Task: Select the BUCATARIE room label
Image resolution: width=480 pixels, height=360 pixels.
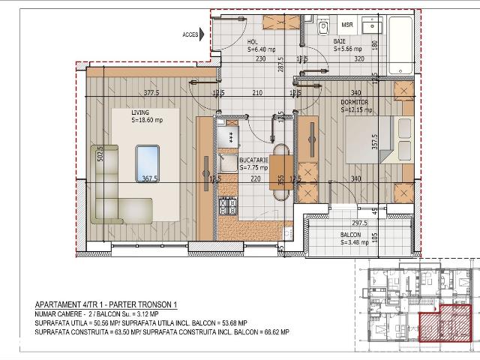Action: point(254,160)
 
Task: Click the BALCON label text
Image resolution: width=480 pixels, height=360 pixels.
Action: point(350,235)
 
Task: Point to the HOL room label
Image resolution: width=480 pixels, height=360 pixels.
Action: point(253,43)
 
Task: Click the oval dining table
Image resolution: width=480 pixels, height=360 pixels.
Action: point(280,172)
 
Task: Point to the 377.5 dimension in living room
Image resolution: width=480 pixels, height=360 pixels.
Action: point(153,94)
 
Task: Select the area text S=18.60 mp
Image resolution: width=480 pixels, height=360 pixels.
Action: point(147,120)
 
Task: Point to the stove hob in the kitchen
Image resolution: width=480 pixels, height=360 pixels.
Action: point(226,204)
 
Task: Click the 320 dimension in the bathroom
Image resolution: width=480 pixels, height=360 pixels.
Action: point(359,58)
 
